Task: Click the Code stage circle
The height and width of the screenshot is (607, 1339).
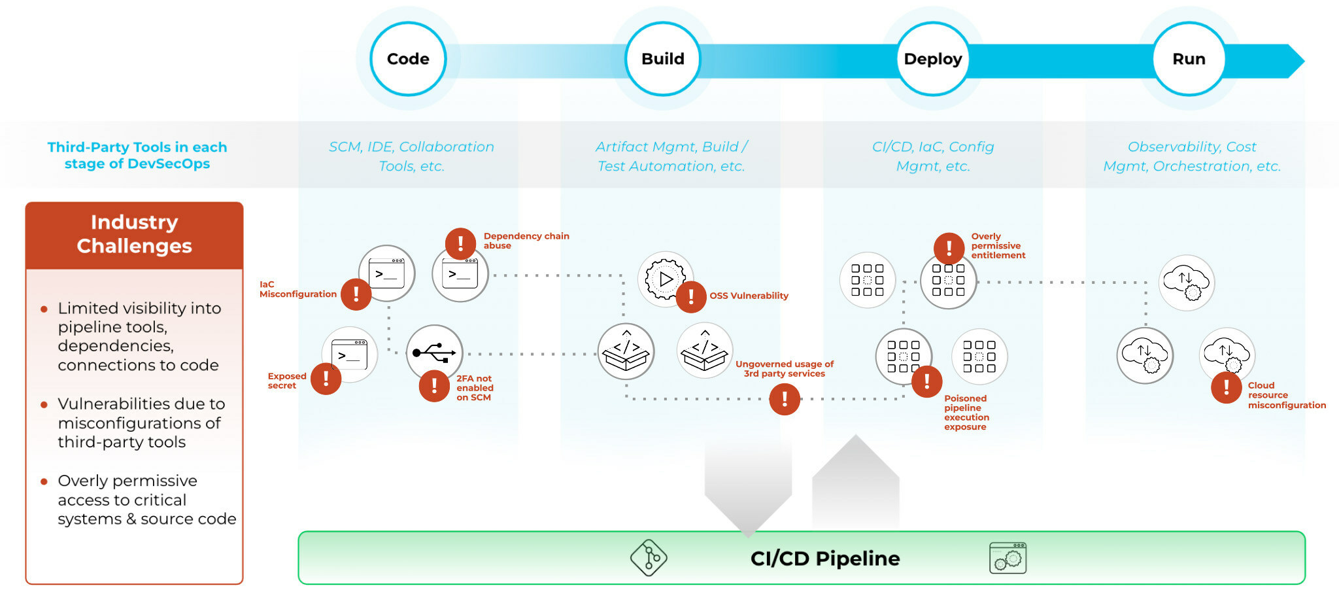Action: point(408,59)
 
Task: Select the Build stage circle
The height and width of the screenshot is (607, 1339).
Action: point(662,59)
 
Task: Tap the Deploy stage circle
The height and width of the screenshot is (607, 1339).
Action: point(932,59)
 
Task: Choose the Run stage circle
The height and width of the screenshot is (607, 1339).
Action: point(1188,59)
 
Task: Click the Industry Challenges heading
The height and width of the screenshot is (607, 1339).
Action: point(134,234)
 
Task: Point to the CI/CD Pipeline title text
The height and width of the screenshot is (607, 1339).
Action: point(825,559)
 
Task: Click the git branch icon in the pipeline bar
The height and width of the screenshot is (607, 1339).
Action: point(649,558)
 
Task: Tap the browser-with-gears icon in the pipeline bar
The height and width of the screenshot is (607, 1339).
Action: point(1008,558)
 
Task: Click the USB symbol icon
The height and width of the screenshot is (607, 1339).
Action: point(434,353)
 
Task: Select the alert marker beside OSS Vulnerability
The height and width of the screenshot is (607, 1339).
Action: point(691,297)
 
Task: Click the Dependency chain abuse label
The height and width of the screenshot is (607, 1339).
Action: point(526,241)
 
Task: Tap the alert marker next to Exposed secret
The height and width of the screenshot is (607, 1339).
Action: point(326,379)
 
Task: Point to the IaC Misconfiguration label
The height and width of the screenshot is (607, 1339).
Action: point(297,289)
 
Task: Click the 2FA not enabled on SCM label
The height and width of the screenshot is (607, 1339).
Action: point(475,388)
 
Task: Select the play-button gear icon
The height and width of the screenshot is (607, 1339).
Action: point(665,279)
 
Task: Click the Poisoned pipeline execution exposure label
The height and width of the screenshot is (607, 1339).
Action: point(966,413)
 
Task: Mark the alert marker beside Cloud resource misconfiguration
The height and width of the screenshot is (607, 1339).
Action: point(1226,388)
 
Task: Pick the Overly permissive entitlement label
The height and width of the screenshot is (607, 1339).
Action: point(998,246)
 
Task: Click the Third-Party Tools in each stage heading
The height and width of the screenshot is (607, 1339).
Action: point(137,155)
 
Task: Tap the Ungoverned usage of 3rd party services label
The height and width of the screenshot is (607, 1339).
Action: point(784,369)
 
